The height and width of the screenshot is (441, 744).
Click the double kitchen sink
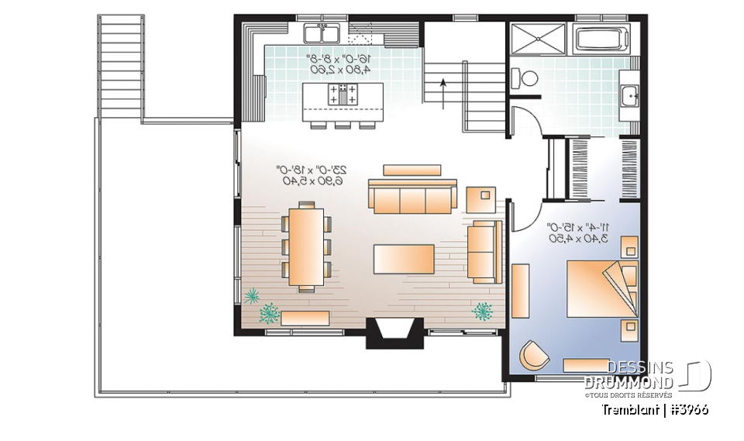point(322,33)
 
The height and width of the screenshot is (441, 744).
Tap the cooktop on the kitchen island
point(343,95)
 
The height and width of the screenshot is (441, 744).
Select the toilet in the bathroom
point(528,78)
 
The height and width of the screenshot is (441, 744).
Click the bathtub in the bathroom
point(602,37)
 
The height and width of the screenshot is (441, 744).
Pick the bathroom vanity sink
point(629,96)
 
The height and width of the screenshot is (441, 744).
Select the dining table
point(307,246)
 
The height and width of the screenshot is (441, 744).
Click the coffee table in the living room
point(403,259)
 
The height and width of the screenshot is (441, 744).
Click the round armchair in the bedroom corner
point(533,355)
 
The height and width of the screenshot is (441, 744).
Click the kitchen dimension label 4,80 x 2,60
point(340,69)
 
